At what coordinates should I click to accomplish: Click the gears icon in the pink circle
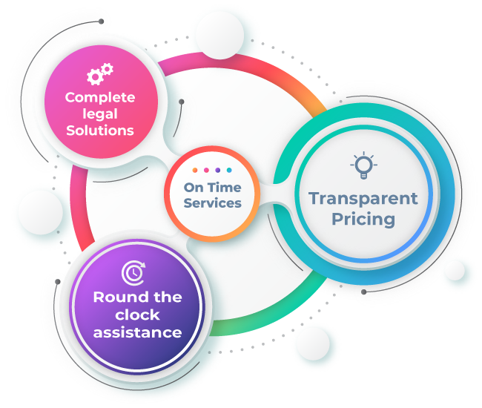coord(100,73)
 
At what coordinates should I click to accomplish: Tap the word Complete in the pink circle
coord(100,98)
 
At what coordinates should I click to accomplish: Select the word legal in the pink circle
coord(100,114)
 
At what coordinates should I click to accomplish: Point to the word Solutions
coord(100,131)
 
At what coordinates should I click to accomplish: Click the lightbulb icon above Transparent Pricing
coord(363,165)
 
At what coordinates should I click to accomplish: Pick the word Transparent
coord(363,199)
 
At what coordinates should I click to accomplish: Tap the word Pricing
coord(363,220)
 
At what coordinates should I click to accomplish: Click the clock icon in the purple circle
coord(133,273)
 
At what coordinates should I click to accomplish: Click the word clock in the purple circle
coord(137,315)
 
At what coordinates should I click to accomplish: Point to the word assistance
coord(137,332)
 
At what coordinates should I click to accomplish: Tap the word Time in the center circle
coord(224,188)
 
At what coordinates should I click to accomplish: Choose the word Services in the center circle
coord(212,203)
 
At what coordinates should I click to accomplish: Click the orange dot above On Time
coord(195,170)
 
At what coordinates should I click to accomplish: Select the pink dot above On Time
coord(206,170)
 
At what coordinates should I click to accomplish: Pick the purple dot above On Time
coord(217,170)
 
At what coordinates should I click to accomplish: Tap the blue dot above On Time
coord(229,170)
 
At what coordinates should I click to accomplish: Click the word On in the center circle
coord(194,188)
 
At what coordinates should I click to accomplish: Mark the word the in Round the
coord(168,297)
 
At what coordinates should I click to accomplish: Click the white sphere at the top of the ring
coord(219,35)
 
